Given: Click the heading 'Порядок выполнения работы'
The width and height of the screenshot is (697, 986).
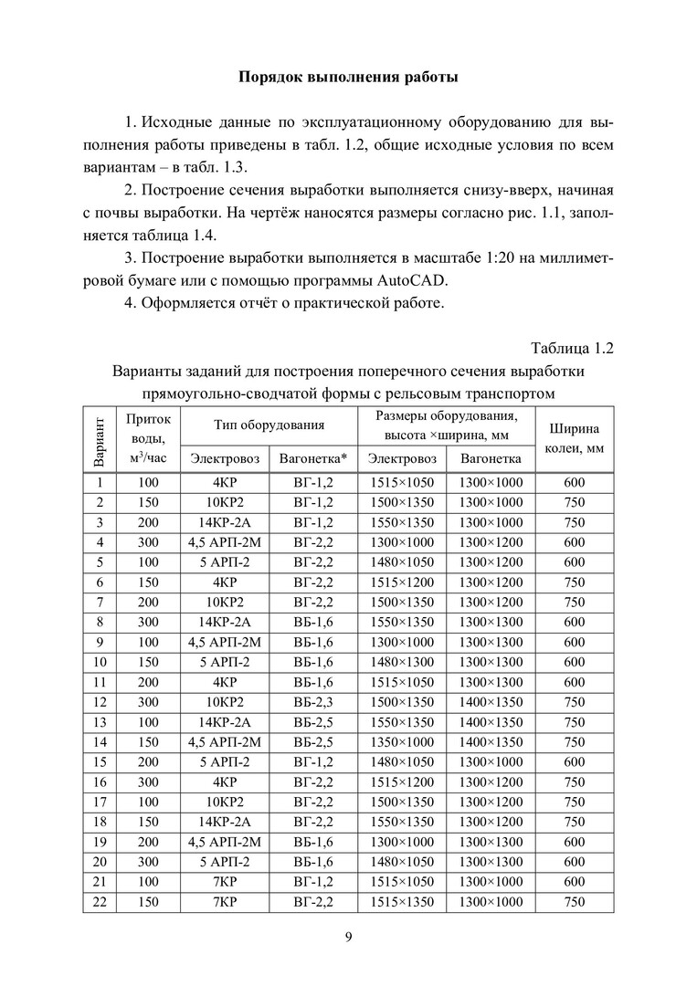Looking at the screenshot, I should (348, 76).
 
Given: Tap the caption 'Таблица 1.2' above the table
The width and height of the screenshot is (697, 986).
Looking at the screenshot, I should (572, 347).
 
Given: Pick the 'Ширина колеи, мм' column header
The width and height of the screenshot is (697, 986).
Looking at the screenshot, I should (574, 437).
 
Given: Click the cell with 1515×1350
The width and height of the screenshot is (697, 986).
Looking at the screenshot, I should (402, 902).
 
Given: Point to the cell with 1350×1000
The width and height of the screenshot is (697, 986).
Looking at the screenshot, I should (402, 741).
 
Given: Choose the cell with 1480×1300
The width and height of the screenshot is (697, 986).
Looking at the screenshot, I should (402, 661).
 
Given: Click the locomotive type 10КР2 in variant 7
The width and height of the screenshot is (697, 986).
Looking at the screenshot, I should (225, 603).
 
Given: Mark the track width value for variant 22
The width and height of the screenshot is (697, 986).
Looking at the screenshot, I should (574, 902).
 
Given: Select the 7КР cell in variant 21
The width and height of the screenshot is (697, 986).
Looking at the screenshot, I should (225, 882).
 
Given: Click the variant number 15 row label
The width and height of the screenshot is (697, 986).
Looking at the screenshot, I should (100, 761).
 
